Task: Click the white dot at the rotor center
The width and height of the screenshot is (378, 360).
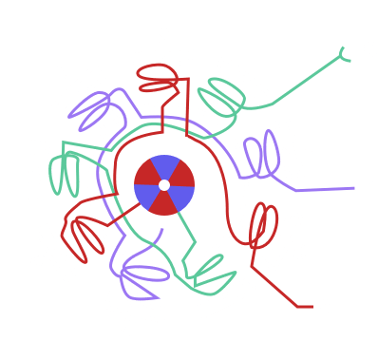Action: pos(163,184)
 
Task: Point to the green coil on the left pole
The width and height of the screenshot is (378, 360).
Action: pos(68,165)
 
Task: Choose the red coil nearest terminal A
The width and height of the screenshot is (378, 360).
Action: pos(262,228)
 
